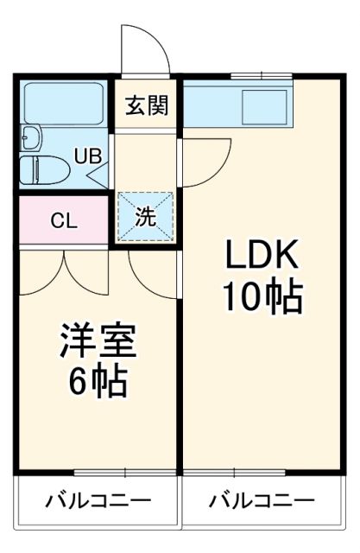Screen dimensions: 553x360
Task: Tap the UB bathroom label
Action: point(86,156)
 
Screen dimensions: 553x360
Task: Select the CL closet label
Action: point(63,219)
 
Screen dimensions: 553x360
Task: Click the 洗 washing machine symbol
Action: point(145,217)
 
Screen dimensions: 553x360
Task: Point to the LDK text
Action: point(262,257)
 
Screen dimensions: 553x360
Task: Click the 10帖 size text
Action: point(262,298)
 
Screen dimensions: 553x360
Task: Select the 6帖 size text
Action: point(98,381)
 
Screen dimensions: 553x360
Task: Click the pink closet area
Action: point(63,219)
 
